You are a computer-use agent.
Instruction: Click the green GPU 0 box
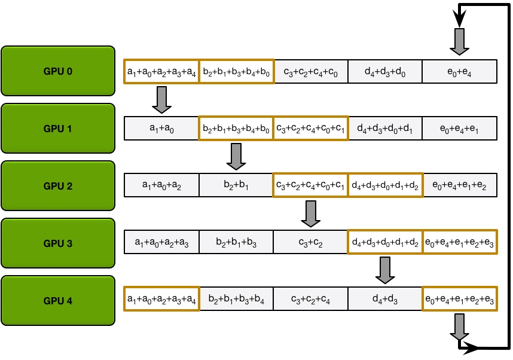58,71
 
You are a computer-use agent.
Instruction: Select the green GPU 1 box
58,129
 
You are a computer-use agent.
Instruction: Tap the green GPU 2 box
58,186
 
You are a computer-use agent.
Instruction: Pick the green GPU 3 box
58,243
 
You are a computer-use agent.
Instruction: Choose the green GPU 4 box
58,301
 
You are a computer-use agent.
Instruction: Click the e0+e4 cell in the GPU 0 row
459,72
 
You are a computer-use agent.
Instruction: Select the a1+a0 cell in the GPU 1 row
161,129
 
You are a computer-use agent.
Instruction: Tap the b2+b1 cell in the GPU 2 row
236,186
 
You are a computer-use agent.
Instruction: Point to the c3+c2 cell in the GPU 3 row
310,242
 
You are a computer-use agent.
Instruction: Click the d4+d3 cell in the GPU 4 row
385,300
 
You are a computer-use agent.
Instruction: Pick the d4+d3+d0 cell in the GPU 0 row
385,72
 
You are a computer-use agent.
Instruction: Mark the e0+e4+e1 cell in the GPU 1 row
459,129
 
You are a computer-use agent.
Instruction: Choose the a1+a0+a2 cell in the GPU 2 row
161,186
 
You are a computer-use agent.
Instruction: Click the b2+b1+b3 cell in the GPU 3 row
236,242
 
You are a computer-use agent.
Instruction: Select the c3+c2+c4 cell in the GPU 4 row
310,300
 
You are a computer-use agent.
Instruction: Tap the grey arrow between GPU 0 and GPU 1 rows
161,99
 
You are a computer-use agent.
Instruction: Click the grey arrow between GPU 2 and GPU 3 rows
310,213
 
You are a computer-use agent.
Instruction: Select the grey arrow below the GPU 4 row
459,327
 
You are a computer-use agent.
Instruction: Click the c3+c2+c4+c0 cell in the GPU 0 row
310,72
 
